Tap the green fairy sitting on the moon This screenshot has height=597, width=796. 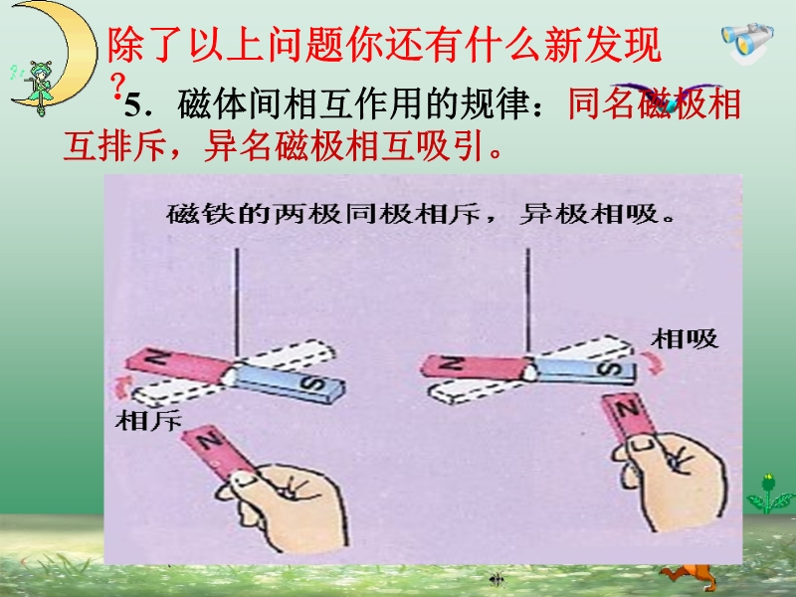tap(39, 87)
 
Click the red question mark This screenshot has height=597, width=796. tap(117, 85)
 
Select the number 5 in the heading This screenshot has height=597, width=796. tap(132, 106)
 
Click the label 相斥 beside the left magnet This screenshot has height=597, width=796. tap(148, 421)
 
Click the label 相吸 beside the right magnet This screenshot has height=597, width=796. tap(685, 338)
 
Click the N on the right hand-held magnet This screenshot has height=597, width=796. tap(627, 408)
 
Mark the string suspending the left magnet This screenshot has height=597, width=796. tap(237, 302)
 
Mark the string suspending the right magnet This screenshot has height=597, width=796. tap(528, 299)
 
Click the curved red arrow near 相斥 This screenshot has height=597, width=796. tap(121, 388)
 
